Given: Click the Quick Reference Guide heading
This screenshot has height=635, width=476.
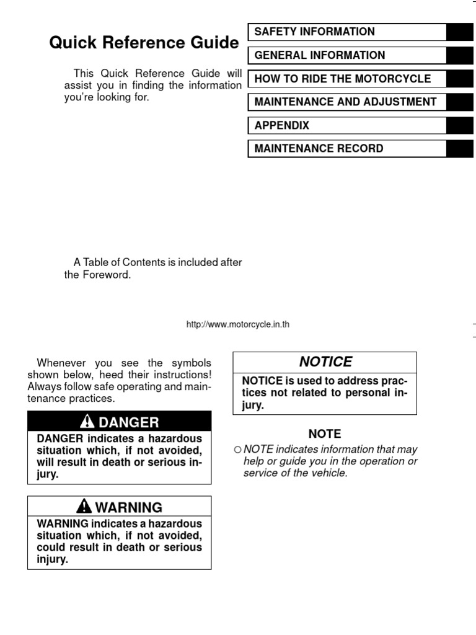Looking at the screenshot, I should point(144,43).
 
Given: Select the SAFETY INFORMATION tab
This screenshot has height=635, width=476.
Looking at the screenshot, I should point(314,32).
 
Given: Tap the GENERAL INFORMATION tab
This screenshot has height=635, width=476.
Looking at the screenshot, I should point(319,55).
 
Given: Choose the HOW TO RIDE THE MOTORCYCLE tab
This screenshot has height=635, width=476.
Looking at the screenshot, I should point(342,79).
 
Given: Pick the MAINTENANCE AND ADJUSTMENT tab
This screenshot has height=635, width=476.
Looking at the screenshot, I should point(345,102).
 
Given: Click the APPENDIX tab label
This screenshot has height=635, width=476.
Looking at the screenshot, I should point(281,125).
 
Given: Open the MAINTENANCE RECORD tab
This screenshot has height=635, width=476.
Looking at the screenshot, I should point(319,148).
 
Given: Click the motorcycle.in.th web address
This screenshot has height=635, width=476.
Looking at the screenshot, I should point(238,324).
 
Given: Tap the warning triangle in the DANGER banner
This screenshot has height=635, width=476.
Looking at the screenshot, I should point(89,423).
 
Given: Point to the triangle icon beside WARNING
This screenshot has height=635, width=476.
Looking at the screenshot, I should point(85,507).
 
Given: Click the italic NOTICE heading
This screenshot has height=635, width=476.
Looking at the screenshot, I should point(325,362).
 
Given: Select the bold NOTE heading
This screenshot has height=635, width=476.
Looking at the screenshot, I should point(325,434).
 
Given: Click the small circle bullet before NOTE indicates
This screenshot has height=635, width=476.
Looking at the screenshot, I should point(237,450).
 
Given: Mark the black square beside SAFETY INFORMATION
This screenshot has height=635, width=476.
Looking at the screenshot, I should point(460,32).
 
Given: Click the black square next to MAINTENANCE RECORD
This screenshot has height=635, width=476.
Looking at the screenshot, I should point(460,148).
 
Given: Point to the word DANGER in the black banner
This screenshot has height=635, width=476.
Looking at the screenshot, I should point(129,423).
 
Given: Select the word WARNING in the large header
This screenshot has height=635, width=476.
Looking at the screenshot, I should point(129,507).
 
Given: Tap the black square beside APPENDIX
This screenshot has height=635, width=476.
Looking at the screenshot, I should point(460,125).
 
